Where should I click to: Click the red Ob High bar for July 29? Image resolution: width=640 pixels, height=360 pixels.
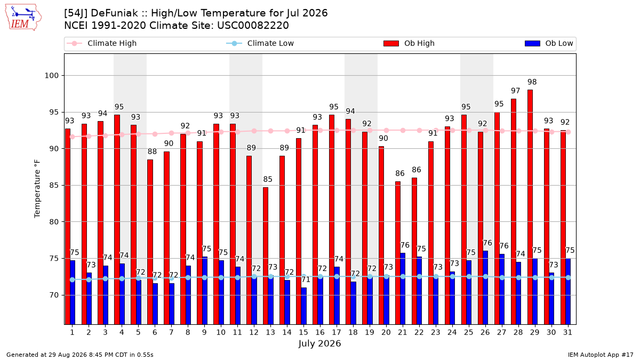click(x=530, y=207)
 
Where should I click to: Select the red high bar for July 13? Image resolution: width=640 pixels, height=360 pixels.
click(x=266, y=256)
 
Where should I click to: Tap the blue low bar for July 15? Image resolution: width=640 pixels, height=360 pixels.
click(x=303, y=306)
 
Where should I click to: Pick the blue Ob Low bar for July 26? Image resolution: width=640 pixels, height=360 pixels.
click(x=485, y=287)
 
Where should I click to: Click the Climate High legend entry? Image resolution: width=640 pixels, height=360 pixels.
click(x=101, y=43)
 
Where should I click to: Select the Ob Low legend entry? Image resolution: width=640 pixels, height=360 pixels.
click(x=549, y=43)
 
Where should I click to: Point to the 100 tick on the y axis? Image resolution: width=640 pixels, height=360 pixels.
click(x=51, y=76)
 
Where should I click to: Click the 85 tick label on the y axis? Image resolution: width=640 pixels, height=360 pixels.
click(x=54, y=186)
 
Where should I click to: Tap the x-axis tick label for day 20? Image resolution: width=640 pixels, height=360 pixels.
click(x=386, y=333)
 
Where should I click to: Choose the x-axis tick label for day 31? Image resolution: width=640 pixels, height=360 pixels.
click(x=567, y=333)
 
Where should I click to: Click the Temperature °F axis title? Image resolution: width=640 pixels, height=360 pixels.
click(x=37, y=189)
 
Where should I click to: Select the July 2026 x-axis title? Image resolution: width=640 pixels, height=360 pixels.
click(x=319, y=343)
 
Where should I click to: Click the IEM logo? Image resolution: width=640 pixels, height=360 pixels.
click(x=23, y=18)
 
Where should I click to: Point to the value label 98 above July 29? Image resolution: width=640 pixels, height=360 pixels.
click(x=532, y=82)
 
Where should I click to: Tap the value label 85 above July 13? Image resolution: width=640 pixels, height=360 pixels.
click(x=268, y=179)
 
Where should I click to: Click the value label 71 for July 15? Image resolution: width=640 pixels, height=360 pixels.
click(x=306, y=279)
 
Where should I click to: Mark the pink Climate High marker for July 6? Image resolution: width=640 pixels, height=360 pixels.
click(x=155, y=134)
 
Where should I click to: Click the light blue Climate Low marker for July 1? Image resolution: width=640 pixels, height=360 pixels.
click(x=73, y=279)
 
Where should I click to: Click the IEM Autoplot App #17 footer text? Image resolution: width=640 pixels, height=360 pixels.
click(x=601, y=355)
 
